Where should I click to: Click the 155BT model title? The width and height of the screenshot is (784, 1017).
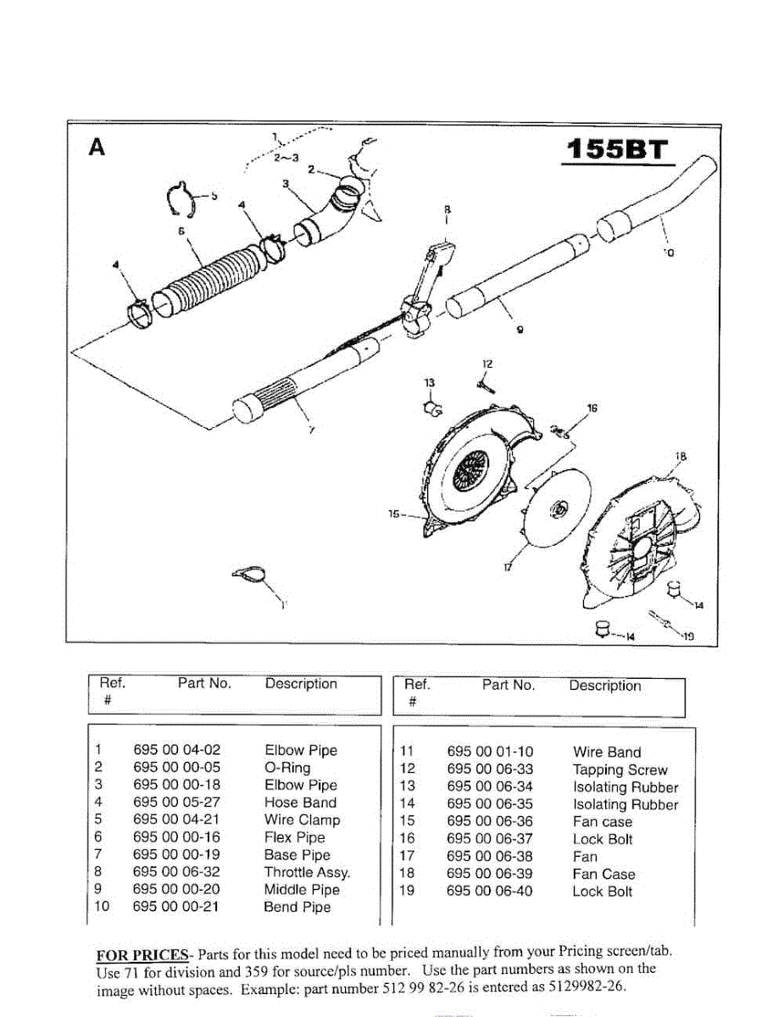(x=616, y=151)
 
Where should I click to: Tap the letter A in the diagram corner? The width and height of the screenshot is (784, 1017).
(x=97, y=147)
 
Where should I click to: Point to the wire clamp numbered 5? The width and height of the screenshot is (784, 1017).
(x=180, y=200)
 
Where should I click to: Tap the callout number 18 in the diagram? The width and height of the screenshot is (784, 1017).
(x=681, y=457)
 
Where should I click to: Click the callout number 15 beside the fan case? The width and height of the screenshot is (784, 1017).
(x=394, y=514)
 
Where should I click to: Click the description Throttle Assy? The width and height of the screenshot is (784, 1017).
(x=307, y=872)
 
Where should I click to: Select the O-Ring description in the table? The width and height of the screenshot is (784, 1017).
(x=287, y=768)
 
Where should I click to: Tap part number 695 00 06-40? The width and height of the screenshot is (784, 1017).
(x=490, y=892)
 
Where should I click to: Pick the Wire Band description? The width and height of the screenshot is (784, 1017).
(x=607, y=752)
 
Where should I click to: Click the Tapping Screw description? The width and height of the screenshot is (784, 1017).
(x=620, y=770)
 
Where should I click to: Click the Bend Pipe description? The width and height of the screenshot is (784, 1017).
(x=297, y=907)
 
